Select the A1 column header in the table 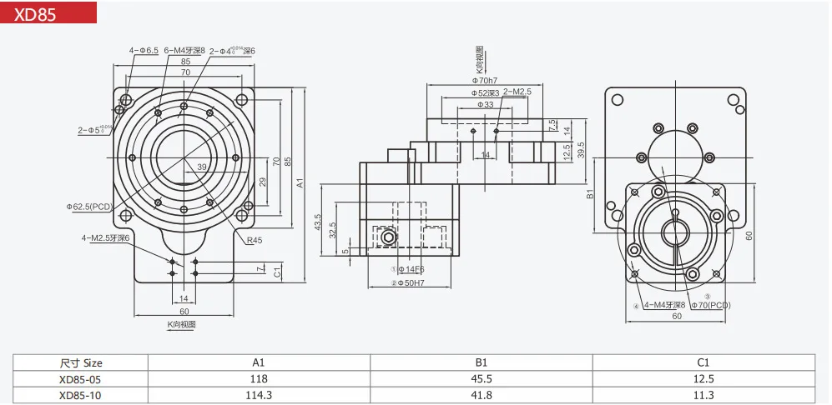259,362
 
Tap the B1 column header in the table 482,362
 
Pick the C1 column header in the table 703,362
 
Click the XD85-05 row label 81,379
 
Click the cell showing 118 259,379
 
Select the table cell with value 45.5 482,379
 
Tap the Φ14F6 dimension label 409,269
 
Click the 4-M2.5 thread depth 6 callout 108,237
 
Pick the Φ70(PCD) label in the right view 709,305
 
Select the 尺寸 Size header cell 81,362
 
